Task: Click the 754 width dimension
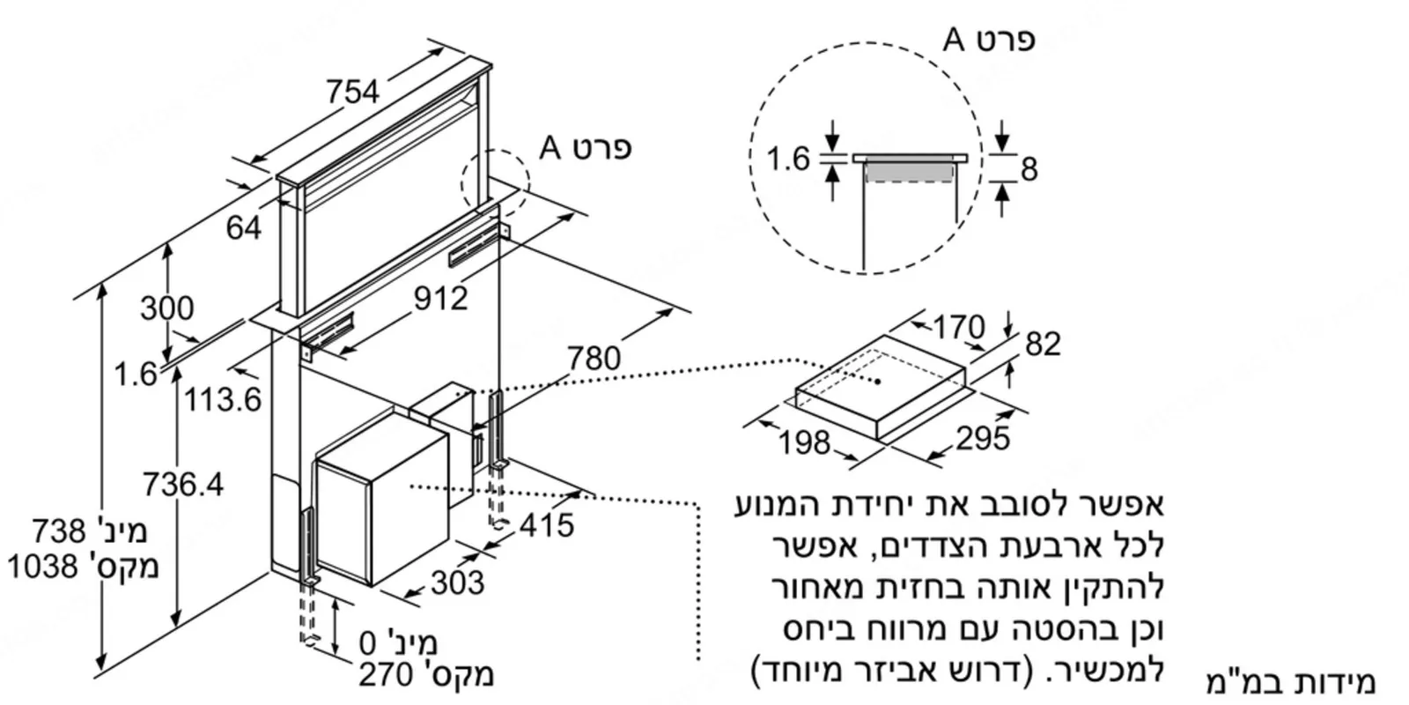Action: pyautogui.click(x=353, y=92)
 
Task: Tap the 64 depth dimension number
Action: pyautogui.click(x=244, y=227)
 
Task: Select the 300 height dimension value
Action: pyautogui.click(x=166, y=308)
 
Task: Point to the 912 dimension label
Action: pyautogui.click(x=441, y=298)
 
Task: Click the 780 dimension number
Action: pyautogui.click(x=594, y=358)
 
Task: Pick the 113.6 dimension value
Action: pyautogui.click(x=223, y=399)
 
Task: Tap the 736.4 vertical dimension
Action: pyautogui.click(x=183, y=484)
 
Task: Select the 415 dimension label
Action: pyautogui.click(x=547, y=524)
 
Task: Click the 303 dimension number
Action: pyautogui.click(x=458, y=583)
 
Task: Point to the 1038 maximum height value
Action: pyautogui.click(x=43, y=567)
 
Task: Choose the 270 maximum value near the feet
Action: pyautogui.click(x=387, y=675)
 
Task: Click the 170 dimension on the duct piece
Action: pyautogui.click(x=959, y=327)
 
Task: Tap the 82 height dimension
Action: pyautogui.click(x=1043, y=344)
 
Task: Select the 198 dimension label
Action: pyautogui.click(x=805, y=442)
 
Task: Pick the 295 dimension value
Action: pyautogui.click(x=983, y=438)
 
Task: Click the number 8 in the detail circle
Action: pyautogui.click(x=1029, y=169)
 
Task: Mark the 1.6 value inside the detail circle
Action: pyautogui.click(x=787, y=159)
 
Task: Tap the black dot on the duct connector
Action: pyautogui.click(x=878, y=382)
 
